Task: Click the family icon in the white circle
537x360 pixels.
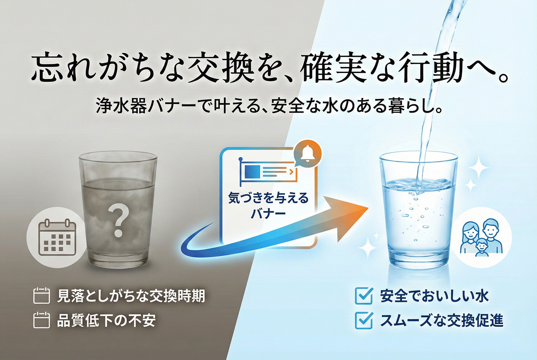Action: [481, 238]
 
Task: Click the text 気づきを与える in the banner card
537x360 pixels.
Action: [268, 198]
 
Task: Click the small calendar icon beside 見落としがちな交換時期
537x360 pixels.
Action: [42, 296]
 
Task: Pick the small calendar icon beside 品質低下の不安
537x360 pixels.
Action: [42, 320]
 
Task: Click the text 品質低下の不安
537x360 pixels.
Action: [106, 321]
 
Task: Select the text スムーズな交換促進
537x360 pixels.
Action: [442, 321]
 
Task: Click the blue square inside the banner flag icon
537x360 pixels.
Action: [252, 171]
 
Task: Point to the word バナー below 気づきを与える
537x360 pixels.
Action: [268, 214]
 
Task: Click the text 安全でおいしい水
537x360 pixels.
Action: [434, 296]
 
